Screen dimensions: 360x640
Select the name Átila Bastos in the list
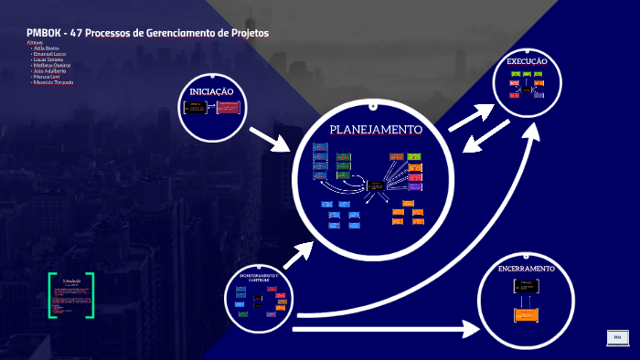coord(46,48)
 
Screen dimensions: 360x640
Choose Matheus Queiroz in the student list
coord(51,66)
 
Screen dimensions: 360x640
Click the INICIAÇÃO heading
coord(212,92)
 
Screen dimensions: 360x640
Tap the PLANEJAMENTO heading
coord(376,130)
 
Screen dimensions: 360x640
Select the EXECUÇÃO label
coord(527,61)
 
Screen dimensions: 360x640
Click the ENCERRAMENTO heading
coord(526,270)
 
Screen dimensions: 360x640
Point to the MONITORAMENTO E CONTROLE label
coord(262,277)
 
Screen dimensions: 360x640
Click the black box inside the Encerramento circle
coord(525,286)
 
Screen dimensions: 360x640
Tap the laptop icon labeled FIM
coord(617,338)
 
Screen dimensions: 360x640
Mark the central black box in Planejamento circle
coord(376,185)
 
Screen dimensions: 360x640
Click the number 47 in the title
coord(88,33)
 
